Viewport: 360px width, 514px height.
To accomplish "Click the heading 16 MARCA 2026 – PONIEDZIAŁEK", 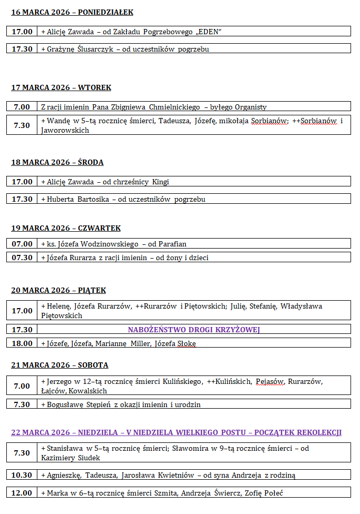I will pos(72,12).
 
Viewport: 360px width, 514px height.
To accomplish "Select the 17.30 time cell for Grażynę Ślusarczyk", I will pos(22,49).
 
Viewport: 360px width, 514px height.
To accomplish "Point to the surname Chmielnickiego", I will pos(174,107).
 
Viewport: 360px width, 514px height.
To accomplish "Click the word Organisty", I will pos(250,107).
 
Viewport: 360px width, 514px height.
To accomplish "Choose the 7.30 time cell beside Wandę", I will pos(22,125).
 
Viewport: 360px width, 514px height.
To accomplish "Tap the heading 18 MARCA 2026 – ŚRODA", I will pos(57,162).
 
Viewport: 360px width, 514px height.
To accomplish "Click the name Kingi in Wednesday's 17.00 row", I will pos(161,182).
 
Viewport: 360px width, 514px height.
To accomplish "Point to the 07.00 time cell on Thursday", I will pos(22,244).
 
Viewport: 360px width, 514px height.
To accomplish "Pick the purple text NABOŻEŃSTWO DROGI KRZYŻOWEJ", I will pos(194,330).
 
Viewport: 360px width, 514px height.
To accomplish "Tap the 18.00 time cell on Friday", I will pos(22,343).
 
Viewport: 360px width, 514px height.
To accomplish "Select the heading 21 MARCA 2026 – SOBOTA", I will pos(59,365).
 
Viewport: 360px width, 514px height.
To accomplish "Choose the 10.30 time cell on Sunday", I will pos(22,475).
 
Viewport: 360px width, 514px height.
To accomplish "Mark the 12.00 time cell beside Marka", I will pos(22,493).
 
